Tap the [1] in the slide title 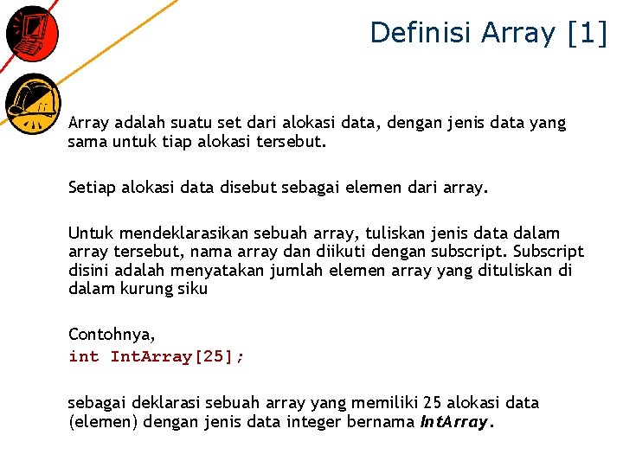pyautogui.click(x=588, y=33)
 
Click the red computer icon pyautogui.click(x=32, y=33)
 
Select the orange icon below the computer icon pyautogui.click(x=32, y=103)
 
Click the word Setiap pyautogui.click(x=92, y=187)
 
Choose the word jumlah pyautogui.click(x=296, y=271)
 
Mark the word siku pyautogui.click(x=193, y=289)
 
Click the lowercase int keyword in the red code pyautogui.click(x=84, y=356)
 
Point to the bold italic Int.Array pyautogui.click(x=455, y=422)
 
